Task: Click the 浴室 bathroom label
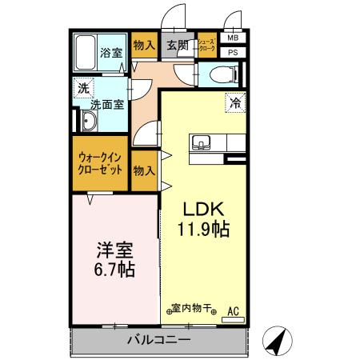(111, 54)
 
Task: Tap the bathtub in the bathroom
(86, 53)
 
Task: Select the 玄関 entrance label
(178, 45)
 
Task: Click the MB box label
(233, 38)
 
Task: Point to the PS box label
(233, 53)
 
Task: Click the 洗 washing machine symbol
(83, 89)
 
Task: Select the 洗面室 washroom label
(106, 104)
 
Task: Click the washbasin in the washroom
(89, 122)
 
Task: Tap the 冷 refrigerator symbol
(235, 102)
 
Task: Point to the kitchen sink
(201, 144)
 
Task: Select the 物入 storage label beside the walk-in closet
(144, 171)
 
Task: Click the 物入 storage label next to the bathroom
(144, 46)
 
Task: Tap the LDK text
(203, 210)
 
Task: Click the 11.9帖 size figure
(203, 230)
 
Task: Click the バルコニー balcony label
(158, 340)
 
